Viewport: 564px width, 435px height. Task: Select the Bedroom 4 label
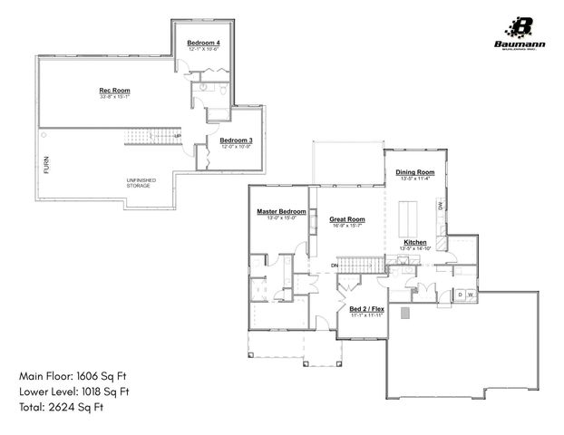[x=202, y=43]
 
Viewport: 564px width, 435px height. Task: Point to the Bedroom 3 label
[x=236, y=140]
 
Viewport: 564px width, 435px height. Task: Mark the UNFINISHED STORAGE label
[x=141, y=184]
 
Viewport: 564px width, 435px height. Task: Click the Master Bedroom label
[x=281, y=211]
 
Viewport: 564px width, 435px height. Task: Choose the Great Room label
[x=346, y=219]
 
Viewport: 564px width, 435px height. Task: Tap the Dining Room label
[x=417, y=172]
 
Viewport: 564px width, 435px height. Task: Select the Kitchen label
[x=415, y=243]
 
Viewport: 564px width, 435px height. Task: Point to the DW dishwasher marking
[x=441, y=207]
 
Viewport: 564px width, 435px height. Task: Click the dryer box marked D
[x=460, y=295]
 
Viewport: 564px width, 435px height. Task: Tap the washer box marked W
[x=472, y=295]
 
